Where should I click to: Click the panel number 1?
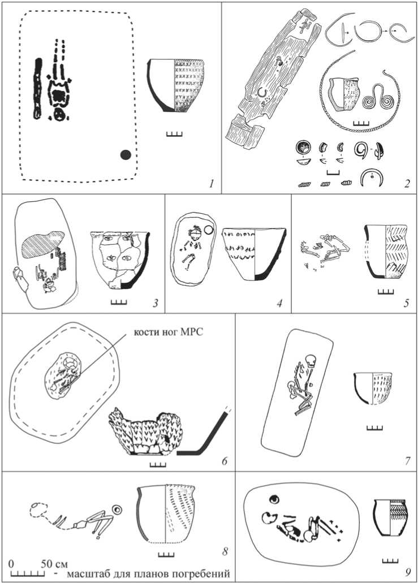tap(212, 183)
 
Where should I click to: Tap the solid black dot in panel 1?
tap(126, 154)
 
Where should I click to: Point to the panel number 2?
tap(407, 183)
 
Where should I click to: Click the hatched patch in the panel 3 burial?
tap(43, 244)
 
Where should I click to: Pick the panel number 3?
tap(155, 304)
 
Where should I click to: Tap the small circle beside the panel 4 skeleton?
tap(209, 231)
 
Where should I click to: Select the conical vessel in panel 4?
tap(254, 253)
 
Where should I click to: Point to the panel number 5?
tap(407, 304)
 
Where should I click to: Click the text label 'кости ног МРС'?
tap(169, 332)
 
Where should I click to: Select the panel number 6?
tap(224, 461)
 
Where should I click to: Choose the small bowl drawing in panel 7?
tap(373, 388)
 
